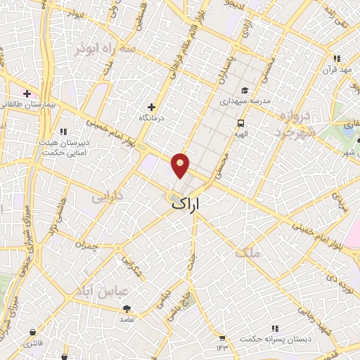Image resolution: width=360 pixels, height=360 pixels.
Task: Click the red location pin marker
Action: (x=181, y=165)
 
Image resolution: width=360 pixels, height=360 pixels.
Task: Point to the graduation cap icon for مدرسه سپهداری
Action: (x=244, y=90)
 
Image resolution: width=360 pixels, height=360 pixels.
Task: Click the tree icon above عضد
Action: (x=127, y=308)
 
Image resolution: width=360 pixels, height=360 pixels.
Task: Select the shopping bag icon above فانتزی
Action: (x=32, y=332)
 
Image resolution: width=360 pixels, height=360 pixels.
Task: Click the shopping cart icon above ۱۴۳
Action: (x=222, y=337)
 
